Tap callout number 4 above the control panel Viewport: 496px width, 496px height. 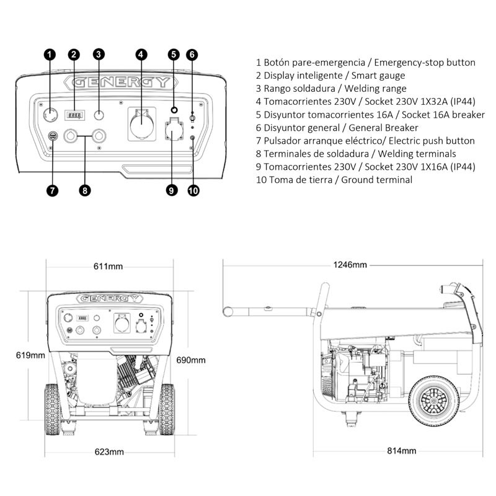coord(141,54)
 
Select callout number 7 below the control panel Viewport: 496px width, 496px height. coord(52,190)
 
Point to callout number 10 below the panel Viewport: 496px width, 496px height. coord(193,190)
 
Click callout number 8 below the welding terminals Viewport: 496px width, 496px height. coord(85,190)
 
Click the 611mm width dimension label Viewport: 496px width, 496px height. coord(108,267)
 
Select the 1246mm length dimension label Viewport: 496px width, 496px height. coord(350,265)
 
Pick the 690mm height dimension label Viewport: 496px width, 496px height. coord(191,360)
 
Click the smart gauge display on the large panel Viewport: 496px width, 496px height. coord(74,115)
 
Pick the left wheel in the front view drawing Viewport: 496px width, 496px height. coord(52,409)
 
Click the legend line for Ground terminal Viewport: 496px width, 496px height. coord(334,180)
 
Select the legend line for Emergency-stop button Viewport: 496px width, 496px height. coord(365,63)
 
